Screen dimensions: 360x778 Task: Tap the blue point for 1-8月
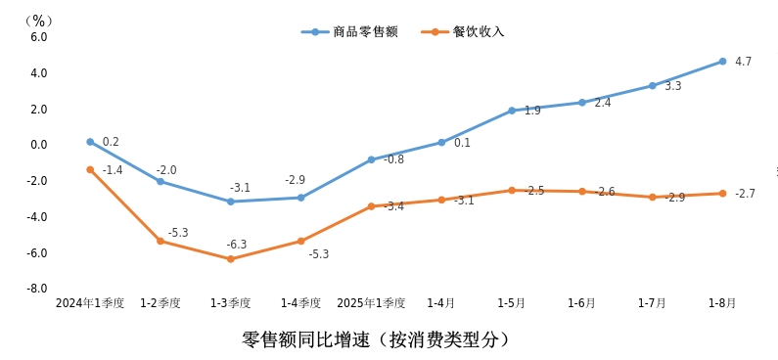tap(722, 61)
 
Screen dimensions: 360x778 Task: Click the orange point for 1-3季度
tap(231, 259)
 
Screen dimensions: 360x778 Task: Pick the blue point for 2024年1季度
tap(90, 142)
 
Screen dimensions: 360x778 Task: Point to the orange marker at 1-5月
tap(511, 190)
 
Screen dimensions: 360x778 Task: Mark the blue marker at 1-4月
tap(441, 143)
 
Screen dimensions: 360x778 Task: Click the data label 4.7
tap(743, 62)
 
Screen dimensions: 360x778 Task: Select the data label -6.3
tap(238, 244)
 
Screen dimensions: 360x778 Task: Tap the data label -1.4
tap(113, 170)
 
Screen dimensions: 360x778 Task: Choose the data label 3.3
tap(672, 86)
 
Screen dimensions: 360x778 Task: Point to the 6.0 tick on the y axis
tap(39, 37)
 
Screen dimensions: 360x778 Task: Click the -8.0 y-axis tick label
tap(36, 289)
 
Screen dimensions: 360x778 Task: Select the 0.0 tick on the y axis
tap(39, 145)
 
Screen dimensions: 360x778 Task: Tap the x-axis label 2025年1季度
tap(371, 303)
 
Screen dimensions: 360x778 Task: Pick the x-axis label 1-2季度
tap(160, 303)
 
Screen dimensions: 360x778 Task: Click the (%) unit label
tap(39, 20)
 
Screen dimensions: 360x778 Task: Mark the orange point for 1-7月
tap(652, 197)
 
